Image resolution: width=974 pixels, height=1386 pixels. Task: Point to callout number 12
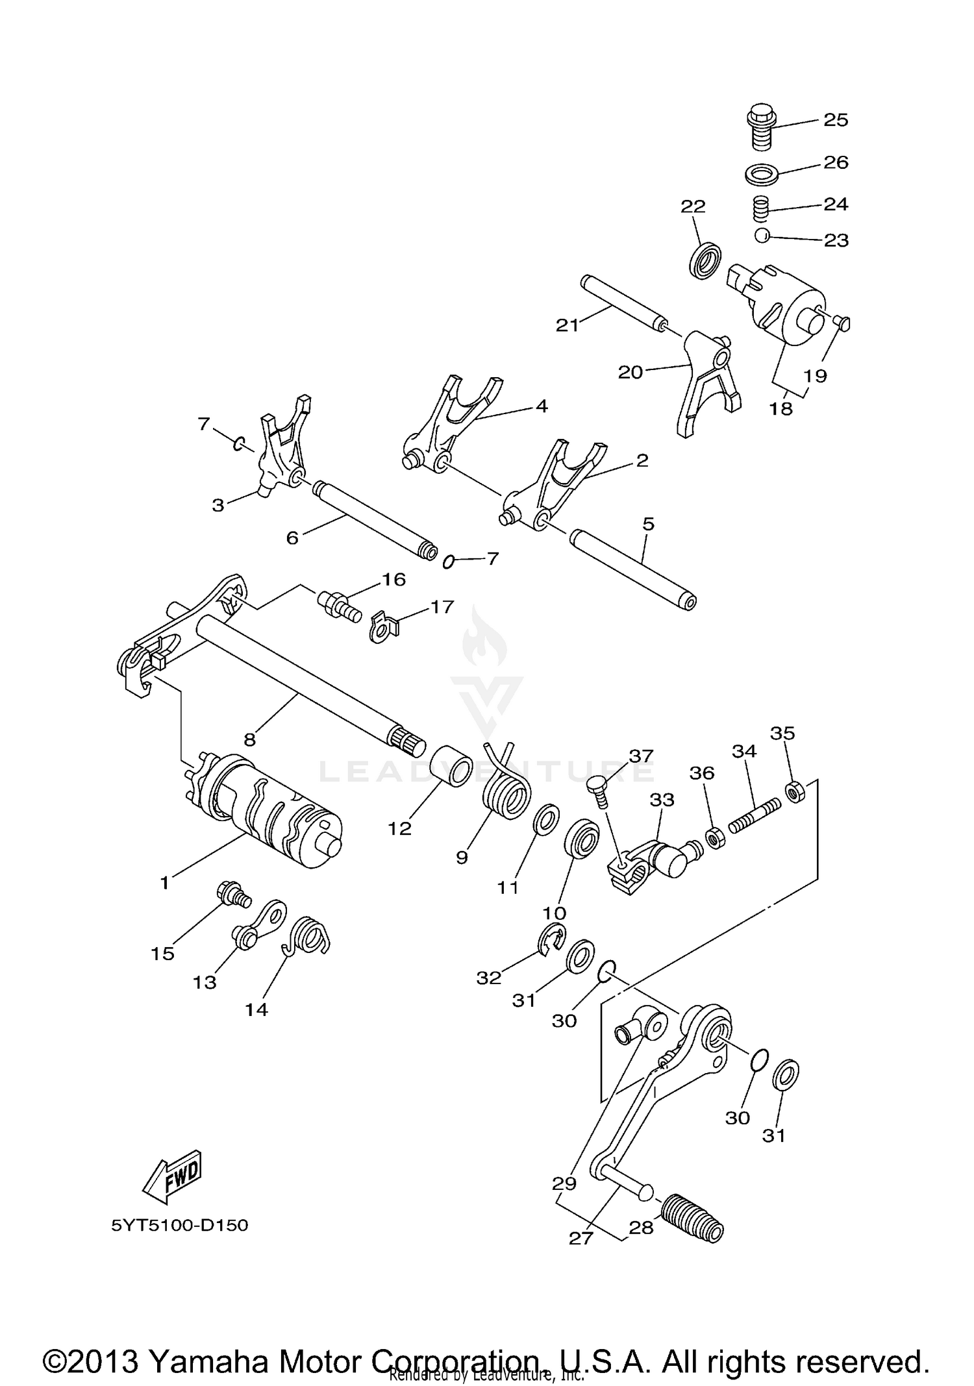coord(400,829)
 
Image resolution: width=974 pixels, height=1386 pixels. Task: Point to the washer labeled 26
coord(762,175)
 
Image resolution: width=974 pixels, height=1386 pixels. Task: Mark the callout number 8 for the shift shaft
coord(250,739)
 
